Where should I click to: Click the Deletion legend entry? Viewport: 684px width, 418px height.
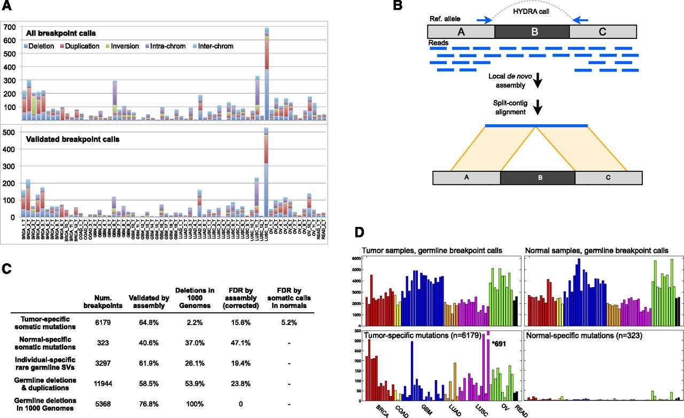(40, 46)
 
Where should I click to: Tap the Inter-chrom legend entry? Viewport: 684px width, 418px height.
(215, 46)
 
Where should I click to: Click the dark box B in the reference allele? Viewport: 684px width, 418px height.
(532, 31)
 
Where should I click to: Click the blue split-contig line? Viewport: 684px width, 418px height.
(536, 125)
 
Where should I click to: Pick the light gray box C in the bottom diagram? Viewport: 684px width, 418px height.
(608, 177)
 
